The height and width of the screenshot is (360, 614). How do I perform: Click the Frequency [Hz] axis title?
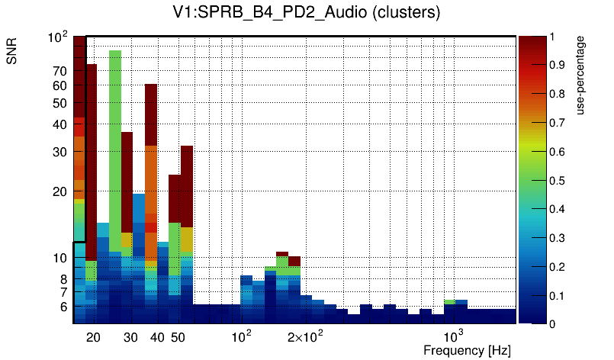(467, 350)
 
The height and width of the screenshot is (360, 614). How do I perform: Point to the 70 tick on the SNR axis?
(59, 72)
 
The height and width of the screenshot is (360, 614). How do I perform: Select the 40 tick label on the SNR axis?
(59, 124)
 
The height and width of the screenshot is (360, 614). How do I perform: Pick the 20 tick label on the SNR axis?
(59, 191)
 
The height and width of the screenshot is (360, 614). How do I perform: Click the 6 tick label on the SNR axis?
(63, 307)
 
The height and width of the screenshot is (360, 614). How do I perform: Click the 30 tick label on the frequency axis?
(130, 337)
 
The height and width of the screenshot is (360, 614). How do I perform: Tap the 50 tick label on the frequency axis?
(178, 337)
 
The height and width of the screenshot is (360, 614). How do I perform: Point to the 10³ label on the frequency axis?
(454, 336)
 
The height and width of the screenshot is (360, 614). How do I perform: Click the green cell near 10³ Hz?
(449, 301)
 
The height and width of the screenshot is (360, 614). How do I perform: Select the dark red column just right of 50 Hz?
(187, 183)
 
